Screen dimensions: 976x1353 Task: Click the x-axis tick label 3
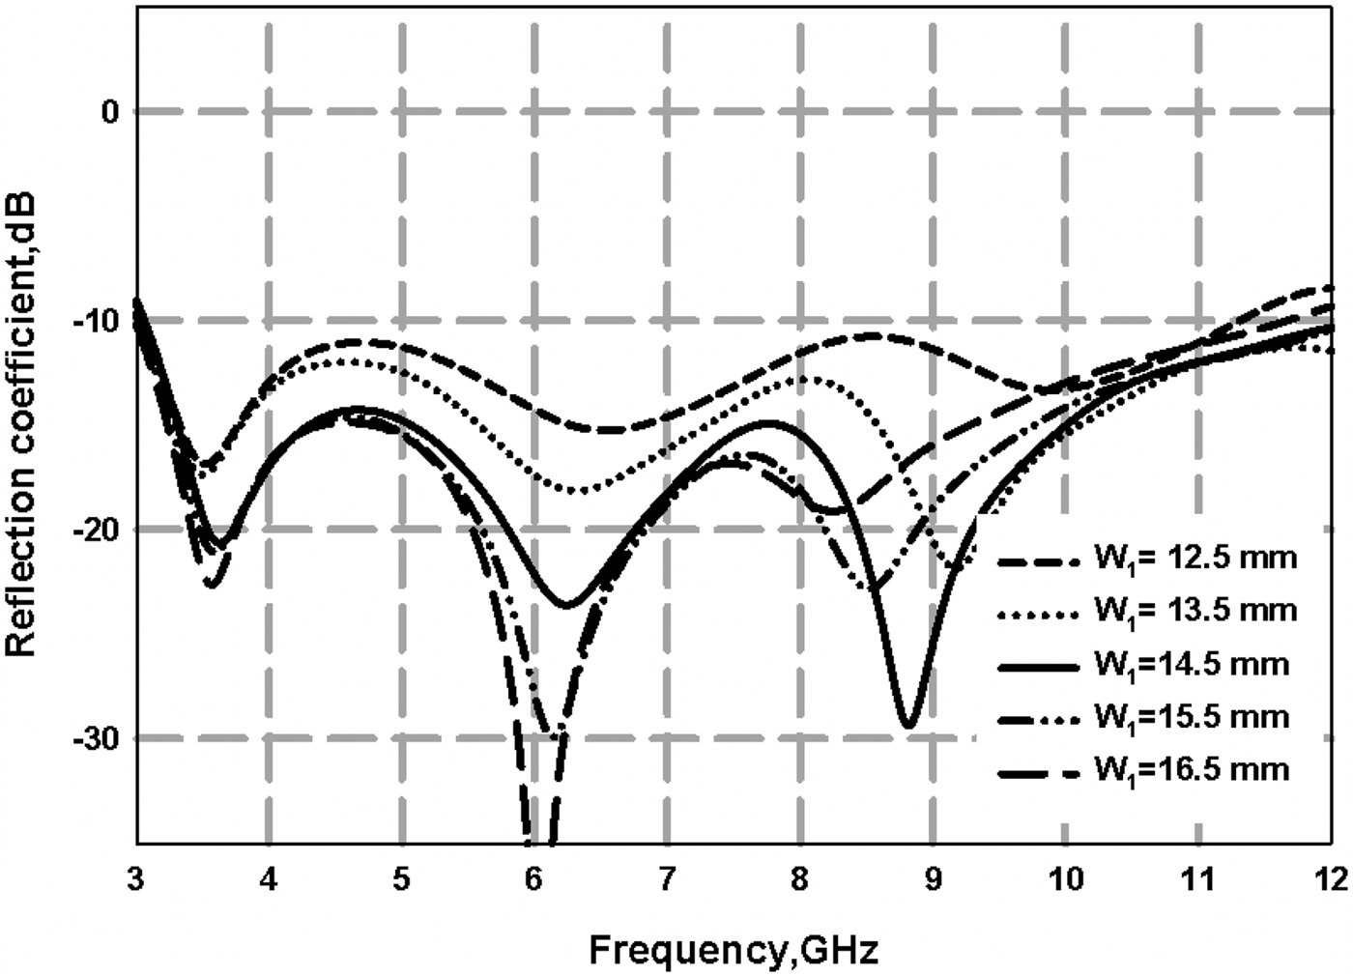click(x=136, y=879)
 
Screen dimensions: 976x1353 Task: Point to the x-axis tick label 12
click(x=1330, y=879)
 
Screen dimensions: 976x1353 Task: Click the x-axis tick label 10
click(x=1064, y=879)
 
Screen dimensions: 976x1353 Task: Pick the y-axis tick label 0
click(x=109, y=112)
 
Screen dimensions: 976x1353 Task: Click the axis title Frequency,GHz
click(x=734, y=951)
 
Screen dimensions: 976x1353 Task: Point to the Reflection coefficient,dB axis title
click(x=21, y=423)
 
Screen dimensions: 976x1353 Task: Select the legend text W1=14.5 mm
click(x=1192, y=665)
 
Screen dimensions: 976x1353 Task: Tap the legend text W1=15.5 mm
click(x=1192, y=717)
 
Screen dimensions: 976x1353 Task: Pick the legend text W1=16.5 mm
click(x=1192, y=769)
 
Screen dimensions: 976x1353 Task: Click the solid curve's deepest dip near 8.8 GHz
click(x=907, y=726)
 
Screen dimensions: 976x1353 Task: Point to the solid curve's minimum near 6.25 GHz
click(x=566, y=606)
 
